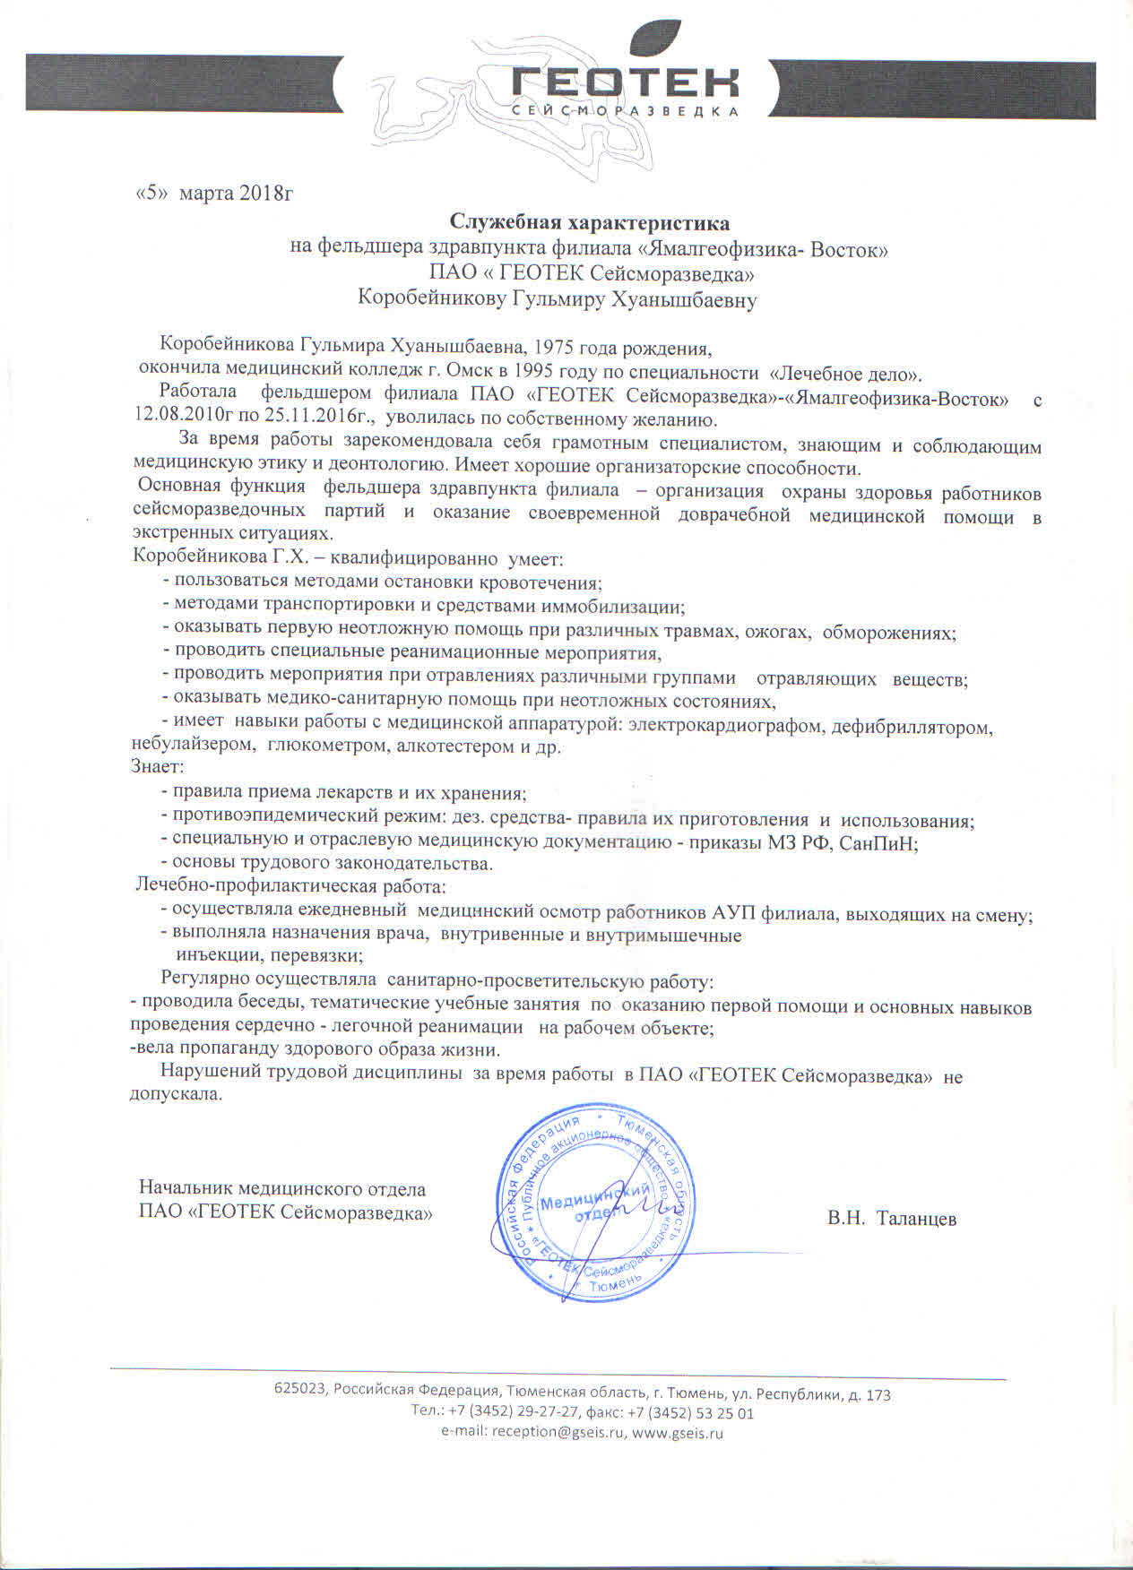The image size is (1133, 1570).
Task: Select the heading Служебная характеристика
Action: point(589,221)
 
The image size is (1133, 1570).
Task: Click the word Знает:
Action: point(158,767)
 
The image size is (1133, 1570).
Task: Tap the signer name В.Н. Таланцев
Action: point(892,1219)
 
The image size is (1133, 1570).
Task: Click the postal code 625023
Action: point(299,1394)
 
